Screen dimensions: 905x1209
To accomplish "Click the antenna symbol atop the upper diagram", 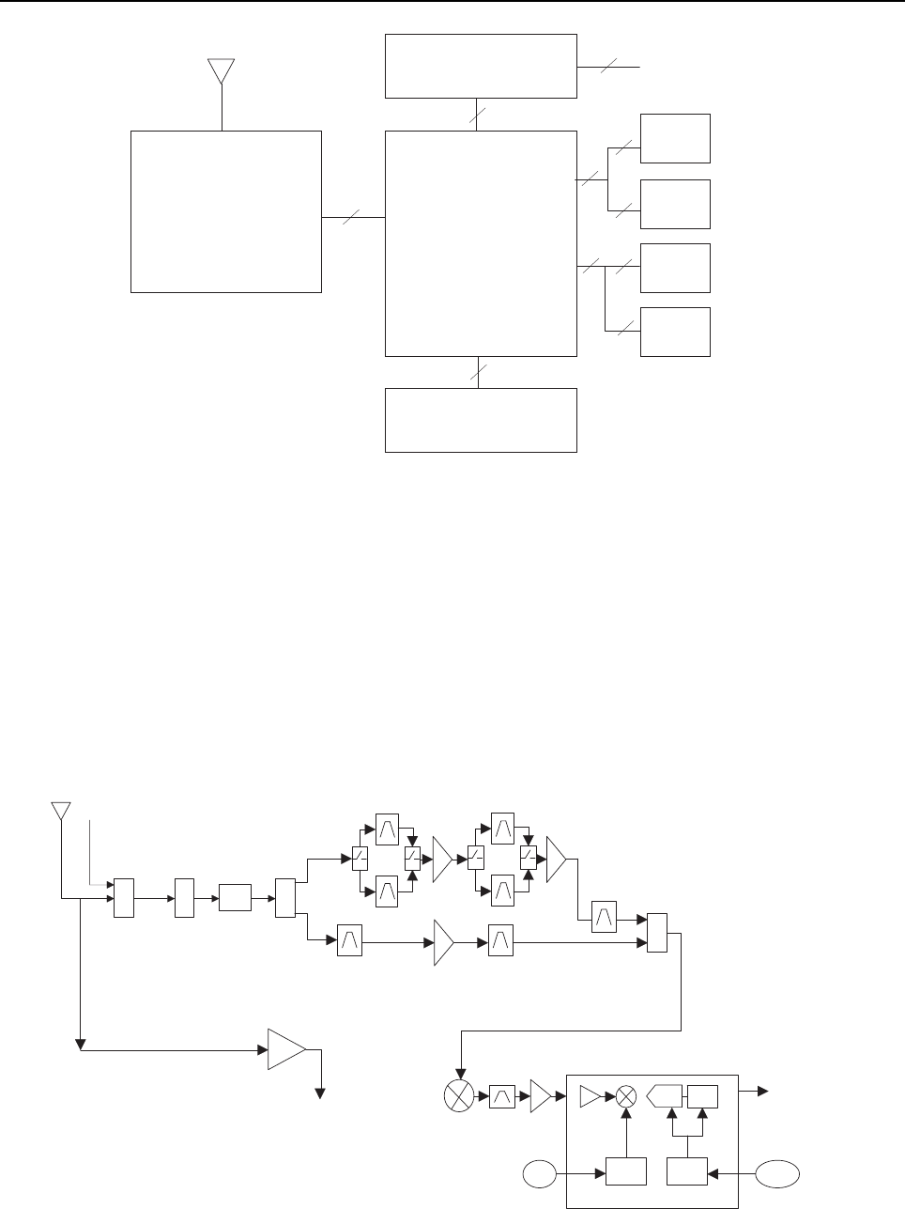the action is (x=221, y=71).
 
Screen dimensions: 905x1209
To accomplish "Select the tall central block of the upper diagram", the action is (x=481, y=243).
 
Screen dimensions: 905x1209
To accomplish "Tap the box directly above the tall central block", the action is (x=481, y=66).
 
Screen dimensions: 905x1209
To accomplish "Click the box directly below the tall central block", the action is (x=481, y=420).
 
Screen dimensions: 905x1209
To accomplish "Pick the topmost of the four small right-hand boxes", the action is (x=675, y=138).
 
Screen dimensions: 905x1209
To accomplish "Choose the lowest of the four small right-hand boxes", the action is (x=675, y=332).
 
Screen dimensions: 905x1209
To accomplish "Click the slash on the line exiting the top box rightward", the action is (x=609, y=67).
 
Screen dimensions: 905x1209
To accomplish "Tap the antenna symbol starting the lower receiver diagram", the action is (x=61, y=811).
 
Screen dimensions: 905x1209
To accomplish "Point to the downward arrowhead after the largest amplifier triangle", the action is (x=321, y=1093).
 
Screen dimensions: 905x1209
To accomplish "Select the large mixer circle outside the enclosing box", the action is (x=460, y=1095).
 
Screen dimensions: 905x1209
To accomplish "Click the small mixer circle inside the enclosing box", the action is (x=626, y=1095).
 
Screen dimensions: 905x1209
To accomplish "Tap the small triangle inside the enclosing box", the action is (x=591, y=1095).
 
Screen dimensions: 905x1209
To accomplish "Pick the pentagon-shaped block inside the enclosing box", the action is (x=665, y=1095).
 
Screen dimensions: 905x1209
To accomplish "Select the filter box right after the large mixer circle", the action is (x=502, y=1095).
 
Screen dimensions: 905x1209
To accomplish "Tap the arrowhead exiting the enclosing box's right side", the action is (x=764, y=1092).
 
